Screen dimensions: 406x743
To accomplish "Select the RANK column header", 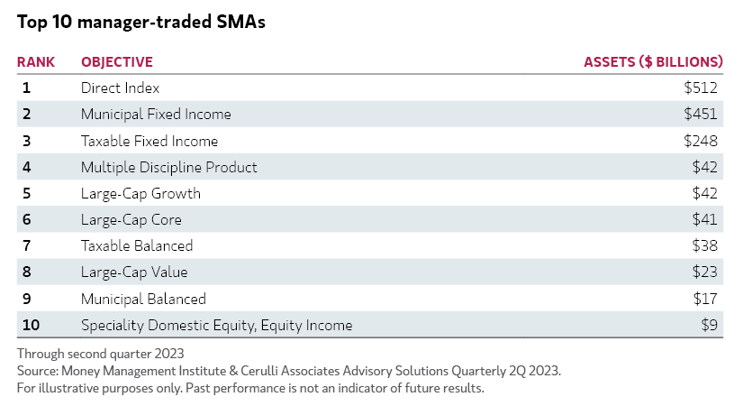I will pos(36,62).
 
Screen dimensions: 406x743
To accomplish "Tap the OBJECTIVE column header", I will pos(117,62).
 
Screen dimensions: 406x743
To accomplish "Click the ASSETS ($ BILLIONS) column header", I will pos(653,62).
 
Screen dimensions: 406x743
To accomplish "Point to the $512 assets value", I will pos(700,88).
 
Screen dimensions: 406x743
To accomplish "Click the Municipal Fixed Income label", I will pos(156,115).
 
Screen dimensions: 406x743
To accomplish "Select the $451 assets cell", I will pos(700,115).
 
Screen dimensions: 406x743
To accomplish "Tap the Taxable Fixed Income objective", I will pos(150,141).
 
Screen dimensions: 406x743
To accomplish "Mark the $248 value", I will pos(700,141).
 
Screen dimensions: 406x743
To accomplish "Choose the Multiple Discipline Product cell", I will pos(169,167).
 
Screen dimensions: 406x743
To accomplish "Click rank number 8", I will pos(26,272).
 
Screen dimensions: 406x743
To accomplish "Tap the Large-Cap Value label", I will pos(134,272).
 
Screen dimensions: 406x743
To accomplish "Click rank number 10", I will pos(30,325).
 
